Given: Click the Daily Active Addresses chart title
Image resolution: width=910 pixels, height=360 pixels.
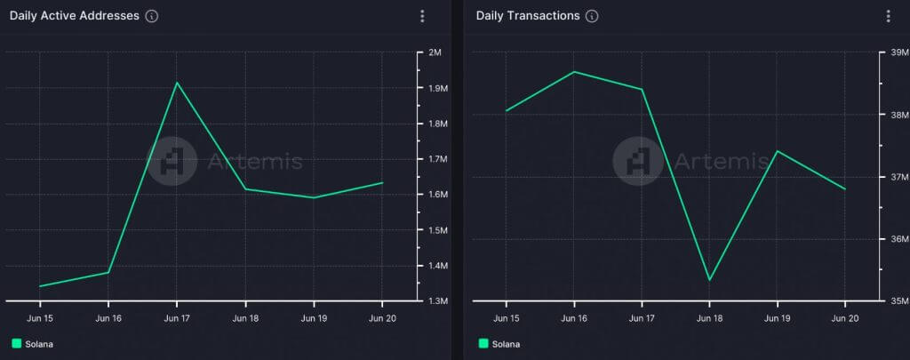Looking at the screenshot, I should point(74,16).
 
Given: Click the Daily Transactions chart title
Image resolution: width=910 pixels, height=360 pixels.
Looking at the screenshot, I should point(528,16).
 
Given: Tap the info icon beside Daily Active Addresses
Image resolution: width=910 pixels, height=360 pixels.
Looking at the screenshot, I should point(151,16).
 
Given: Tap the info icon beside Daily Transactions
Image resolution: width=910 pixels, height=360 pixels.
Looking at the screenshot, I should point(592,16).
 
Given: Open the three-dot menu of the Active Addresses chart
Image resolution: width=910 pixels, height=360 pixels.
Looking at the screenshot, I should point(422,16).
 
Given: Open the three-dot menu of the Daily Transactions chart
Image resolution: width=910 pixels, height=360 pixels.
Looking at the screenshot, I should point(888,16).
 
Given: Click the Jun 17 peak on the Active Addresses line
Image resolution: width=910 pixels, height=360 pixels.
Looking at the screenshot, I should point(177,83).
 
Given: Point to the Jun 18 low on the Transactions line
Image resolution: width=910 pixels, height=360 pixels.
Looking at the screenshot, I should point(709,280).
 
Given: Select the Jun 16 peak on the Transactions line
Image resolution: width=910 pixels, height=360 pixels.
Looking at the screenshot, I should point(574,71).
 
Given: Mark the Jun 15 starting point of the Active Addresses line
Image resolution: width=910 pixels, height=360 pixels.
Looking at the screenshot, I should point(40,286).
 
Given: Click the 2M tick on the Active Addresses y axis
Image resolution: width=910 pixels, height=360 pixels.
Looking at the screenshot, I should point(435,52).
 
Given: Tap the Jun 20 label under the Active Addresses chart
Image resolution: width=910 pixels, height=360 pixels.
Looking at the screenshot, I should point(381,317).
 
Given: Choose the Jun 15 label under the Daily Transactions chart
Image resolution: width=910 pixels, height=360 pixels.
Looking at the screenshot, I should point(507,317).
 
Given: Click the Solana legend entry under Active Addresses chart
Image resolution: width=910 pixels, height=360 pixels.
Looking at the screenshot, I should point(33,343).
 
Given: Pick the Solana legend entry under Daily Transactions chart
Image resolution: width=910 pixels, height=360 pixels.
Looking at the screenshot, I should point(499,343).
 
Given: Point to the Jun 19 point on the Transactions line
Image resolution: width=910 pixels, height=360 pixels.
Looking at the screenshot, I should point(778,151).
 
